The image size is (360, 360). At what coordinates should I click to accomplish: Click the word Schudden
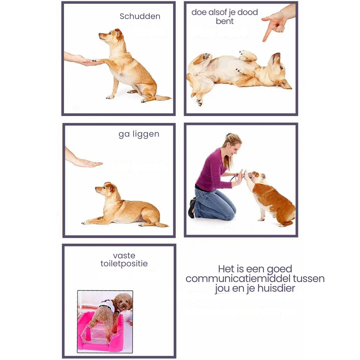pos(140,16)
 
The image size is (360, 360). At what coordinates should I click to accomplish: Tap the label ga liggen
pos(139,134)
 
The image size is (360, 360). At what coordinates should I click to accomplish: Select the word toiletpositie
pos(124,264)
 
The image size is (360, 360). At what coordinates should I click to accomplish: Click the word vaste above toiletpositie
pos(124,256)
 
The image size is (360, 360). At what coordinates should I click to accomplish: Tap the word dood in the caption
pos(247,12)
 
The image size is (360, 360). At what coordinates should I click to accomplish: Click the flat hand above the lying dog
pos(87,163)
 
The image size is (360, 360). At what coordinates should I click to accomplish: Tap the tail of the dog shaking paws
pos(163,98)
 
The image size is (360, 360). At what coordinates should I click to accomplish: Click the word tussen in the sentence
pos(309,278)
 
